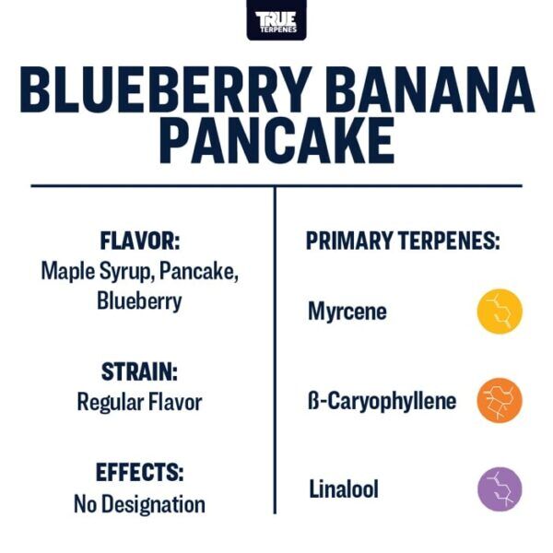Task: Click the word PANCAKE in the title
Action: click(x=276, y=141)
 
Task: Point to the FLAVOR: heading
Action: click(x=139, y=241)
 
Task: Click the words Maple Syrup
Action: click(x=93, y=272)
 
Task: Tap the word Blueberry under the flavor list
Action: click(x=139, y=301)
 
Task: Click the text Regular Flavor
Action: click(x=139, y=402)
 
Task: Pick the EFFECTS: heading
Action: click(x=139, y=473)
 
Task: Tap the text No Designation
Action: click(x=139, y=503)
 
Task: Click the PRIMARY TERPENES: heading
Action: click(x=403, y=242)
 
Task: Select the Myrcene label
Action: click(x=347, y=312)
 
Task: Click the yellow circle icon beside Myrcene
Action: click(x=500, y=312)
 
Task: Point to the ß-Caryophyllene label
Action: click(x=382, y=401)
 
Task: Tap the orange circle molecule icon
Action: click(x=500, y=401)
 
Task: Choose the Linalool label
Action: click(x=343, y=489)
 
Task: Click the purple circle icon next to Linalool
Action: click(x=500, y=489)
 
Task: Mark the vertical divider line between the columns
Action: click(x=275, y=350)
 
